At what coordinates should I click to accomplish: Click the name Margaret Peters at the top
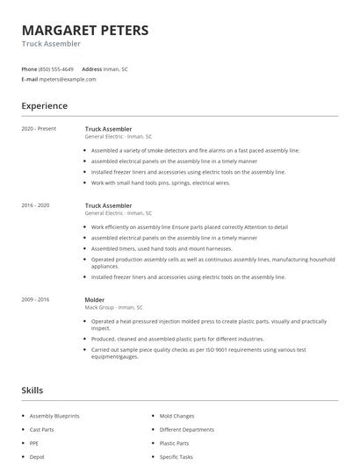pyautogui.click(x=85, y=30)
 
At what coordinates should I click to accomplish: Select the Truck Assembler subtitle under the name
pyautogui.click(x=51, y=44)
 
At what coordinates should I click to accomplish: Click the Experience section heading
pyautogui.click(x=45, y=106)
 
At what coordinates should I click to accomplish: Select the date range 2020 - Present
pyautogui.click(x=38, y=129)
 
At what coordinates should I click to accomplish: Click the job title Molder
pyautogui.click(x=95, y=299)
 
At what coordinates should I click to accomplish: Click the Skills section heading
pyautogui.click(x=32, y=390)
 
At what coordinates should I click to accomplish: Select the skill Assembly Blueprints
pyautogui.click(x=54, y=416)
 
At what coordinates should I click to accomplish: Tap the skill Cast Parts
pyautogui.click(x=41, y=430)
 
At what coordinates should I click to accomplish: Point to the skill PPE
pyautogui.click(x=34, y=443)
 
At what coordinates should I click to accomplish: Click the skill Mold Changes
pyautogui.click(x=176, y=416)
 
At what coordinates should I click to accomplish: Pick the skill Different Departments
pyautogui.click(x=186, y=430)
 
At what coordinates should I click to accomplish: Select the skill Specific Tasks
pyautogui.click(x=176, y=456)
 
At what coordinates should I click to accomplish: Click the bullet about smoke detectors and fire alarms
pyautogui.click(x=195, y=150)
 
